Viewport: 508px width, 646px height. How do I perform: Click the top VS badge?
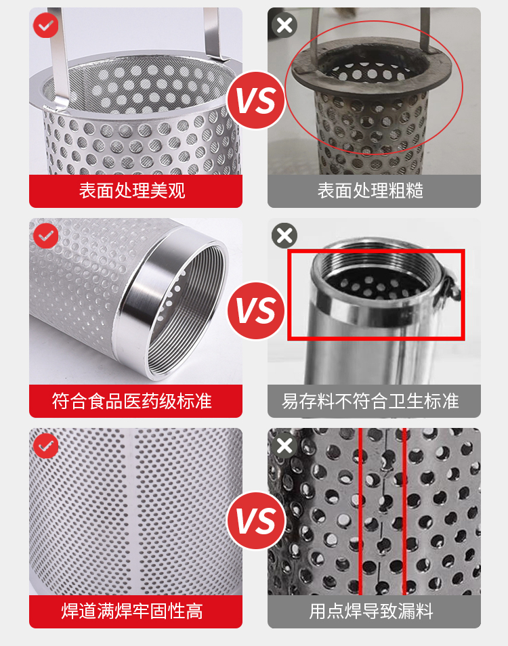coord(256,100)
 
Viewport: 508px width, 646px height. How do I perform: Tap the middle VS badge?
coord(256,311)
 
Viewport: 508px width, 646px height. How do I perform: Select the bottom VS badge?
coord(256,521)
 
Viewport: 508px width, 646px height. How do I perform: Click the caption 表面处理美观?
coord(132,191)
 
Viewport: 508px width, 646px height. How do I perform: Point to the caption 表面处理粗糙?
coord(370,191)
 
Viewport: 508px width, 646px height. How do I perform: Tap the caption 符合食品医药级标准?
coord(132,401)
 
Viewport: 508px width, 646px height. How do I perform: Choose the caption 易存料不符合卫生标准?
coord(370,401)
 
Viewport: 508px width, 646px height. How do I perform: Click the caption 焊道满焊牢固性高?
coord(132,611)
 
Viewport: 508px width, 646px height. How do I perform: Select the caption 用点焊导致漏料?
coord(371,611)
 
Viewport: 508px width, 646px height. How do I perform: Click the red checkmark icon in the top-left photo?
coord(46,25)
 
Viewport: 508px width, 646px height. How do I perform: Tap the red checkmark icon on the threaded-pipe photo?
coord(46,236)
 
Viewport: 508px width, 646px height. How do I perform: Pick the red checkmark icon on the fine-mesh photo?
coord(46,446)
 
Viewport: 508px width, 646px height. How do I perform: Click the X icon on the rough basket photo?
coord(284,25)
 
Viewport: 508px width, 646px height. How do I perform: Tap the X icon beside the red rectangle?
coord(284,236)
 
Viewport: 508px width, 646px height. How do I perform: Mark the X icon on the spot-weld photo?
coord(284,446)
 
